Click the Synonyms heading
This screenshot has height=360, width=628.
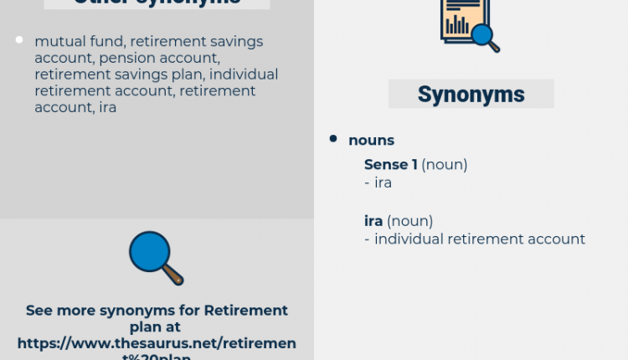[471, 94]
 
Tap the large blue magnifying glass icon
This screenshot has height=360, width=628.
[151, 253]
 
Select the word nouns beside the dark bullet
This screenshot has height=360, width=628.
[371, 140]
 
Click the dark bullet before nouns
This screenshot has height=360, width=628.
[333, 139]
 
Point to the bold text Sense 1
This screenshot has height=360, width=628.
[390, 165]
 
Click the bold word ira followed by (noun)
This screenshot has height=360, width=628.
[373, 221]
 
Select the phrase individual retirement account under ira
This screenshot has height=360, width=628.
[480, 239]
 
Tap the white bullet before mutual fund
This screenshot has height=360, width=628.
[19, 40]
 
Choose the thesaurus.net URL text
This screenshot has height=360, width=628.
[157, 344]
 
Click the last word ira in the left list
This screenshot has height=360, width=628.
[106, 108]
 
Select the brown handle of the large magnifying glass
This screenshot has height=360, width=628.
[173, 274]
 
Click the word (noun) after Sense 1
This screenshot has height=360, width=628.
[444, 165]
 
